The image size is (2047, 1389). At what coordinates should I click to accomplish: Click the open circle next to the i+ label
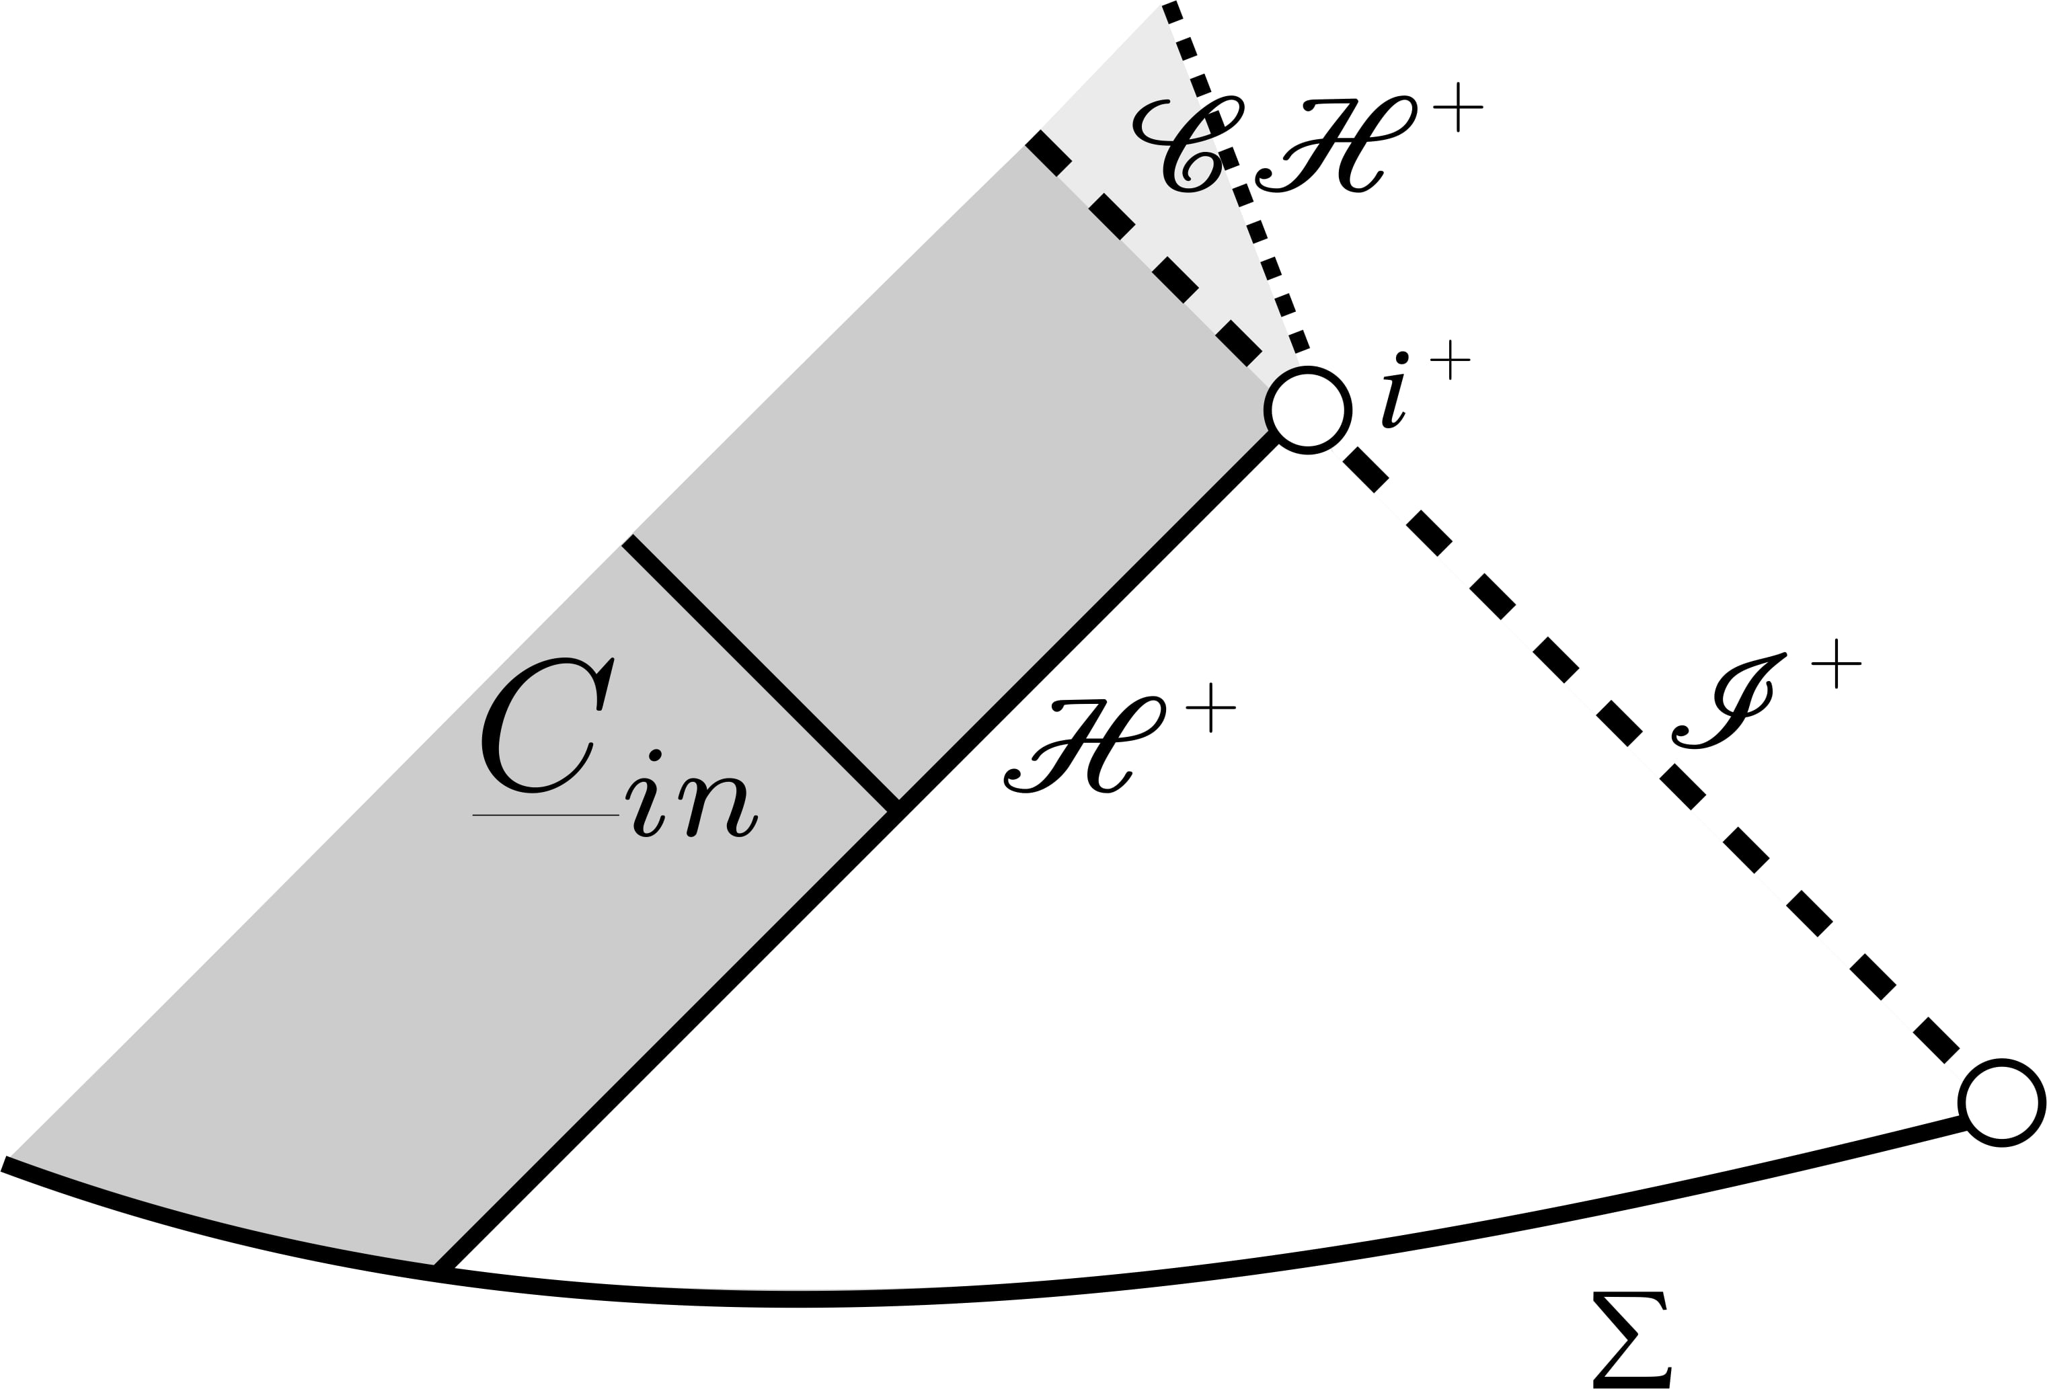[x=1308, y=410]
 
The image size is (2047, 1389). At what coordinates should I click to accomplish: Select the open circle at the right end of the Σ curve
[x=2001, y=1103]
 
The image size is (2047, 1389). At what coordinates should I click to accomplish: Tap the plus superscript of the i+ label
[x=1450, y=360]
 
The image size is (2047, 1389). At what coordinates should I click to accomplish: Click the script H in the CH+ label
[x=1336, y=144]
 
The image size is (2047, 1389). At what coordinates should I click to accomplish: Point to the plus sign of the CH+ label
[x=1458, y=108]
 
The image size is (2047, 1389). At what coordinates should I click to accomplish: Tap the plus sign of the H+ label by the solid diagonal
[x=1211, y=707]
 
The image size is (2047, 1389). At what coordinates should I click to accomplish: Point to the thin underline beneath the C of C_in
[x=546, y=816]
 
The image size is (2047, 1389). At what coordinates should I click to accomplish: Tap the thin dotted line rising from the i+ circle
[x=1233, y=176]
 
